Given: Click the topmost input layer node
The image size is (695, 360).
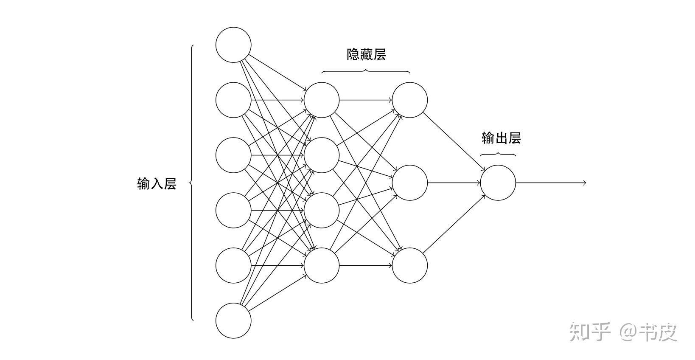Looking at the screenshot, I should click(x=233, y=45).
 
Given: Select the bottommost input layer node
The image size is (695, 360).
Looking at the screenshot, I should click(x=233, y=321).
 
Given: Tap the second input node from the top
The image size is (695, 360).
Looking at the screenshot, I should click(x=233, y=100).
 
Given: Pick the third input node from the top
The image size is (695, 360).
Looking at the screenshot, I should click(x=233, y=155).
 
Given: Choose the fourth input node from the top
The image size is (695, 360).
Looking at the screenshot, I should click(x=233, y=210).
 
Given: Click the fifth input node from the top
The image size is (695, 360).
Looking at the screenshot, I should click(x=233, y=265).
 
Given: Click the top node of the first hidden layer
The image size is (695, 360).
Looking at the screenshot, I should click(x=322, y=100).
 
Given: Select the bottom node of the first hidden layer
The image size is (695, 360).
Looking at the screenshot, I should click(x=322, y=265).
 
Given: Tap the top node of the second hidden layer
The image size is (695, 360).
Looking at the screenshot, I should click(x=409, y=100).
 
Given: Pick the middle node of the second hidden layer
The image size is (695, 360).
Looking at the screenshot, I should click(x=409, y=183).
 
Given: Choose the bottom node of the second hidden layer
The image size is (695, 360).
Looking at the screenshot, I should click(x=409, y=265).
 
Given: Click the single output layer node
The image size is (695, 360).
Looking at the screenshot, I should click(x=498, y=183).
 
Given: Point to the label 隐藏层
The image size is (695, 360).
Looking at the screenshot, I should click(x=366, y=54).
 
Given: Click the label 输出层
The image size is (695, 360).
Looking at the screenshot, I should click(x=501, y=138).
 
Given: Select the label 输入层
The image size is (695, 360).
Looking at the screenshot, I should click(x=157, y=183).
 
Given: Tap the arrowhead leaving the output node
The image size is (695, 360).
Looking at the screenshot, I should click(x=584, y=183).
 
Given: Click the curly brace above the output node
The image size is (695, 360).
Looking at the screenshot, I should click(x=498, y=154).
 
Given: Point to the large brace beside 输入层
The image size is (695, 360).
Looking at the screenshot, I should click(x=192, y=183).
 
